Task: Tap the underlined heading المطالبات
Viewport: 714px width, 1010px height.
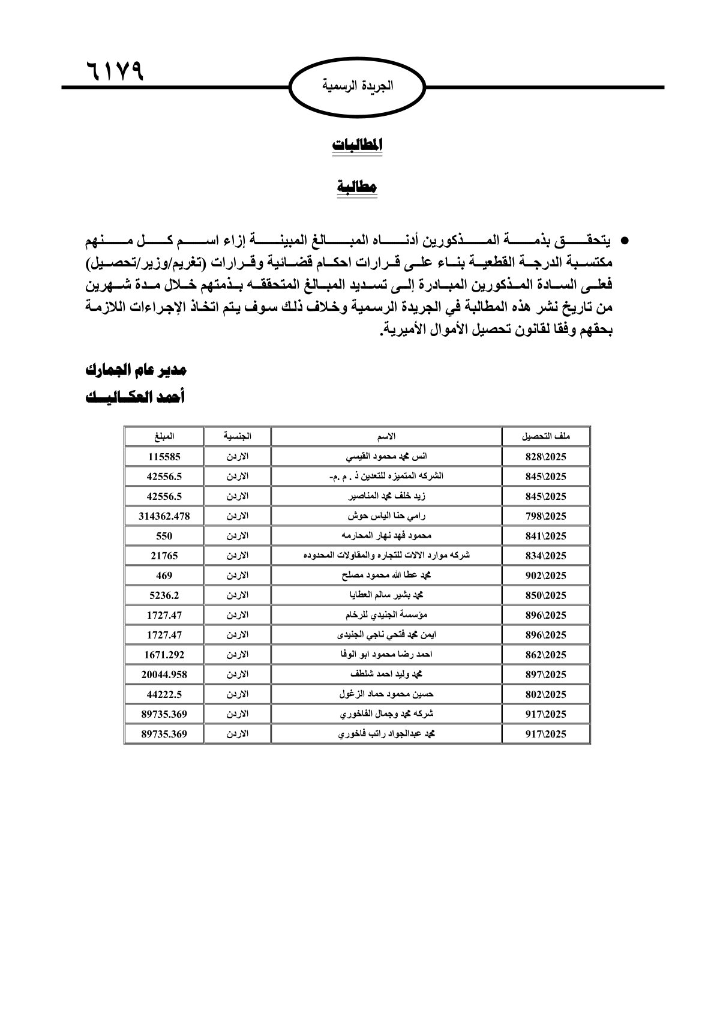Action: pyautogui.click(x=357, y=145)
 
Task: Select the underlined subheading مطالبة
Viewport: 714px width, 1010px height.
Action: pyautogui.click(x=357, y=187)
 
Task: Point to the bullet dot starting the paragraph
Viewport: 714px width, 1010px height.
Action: pyautogui.click(x=624, y=242)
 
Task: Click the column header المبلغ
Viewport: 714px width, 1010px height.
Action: pyautogui.click(x=164, y=436)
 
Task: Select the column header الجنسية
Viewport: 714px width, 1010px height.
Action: pyautogui.click(x=237, y=436)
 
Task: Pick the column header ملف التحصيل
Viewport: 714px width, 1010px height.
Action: pyautogui.click(x=545, y=436)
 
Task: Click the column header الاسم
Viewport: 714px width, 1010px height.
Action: pyautogui.click(x=386, y=436)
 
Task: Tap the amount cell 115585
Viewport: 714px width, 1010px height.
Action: pyautogui.click(x=164, y=457)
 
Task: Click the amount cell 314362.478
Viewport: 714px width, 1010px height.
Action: pyautogui.click(x=164, y=516)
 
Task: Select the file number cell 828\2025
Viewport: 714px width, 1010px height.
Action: pyautogui.click(x=545, y=457)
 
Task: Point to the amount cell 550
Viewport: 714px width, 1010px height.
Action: pyautogui.click(x=164, y=536)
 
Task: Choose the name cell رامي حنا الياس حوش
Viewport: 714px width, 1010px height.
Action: pyautogui.click(x=386, y=516)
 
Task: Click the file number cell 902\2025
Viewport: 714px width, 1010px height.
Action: pyautogui.click(x=545, y=576)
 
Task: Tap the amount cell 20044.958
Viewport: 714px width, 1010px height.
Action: pyautogui.click(x=164, y=675)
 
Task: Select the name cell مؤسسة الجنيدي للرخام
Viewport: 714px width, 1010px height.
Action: pyautogui.click(x=386, y=615)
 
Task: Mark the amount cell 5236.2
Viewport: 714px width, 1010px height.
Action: pyautogui.click(x=164, y=595)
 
